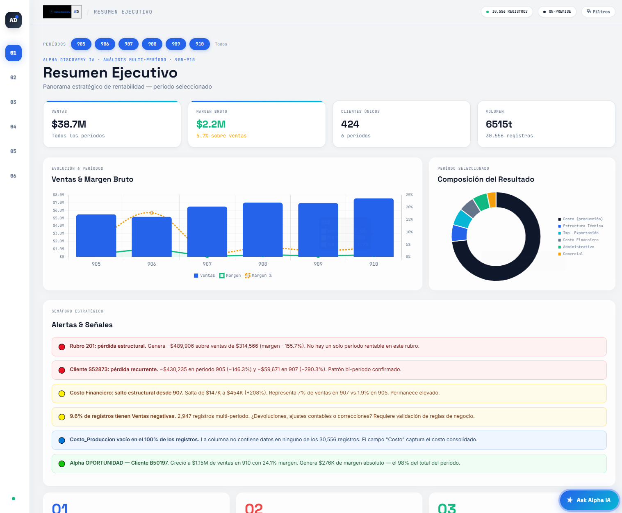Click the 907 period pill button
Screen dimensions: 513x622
[129, 44]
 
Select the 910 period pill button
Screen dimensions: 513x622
[200, 44]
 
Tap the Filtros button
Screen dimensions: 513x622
[598, 11]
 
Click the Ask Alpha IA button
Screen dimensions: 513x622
[589, 500]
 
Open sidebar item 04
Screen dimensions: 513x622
[13, 127]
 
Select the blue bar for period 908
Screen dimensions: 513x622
[262, 230]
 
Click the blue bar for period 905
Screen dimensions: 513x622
[96, 235]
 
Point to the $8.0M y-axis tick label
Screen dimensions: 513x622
[58, 195]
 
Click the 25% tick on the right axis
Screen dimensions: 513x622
[409, 195]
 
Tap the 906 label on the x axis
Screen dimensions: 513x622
[152, 264]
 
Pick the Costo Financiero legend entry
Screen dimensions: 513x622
[580, 240]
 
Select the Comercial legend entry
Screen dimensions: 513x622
[572, 254]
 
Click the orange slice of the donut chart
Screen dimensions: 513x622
[492, 200]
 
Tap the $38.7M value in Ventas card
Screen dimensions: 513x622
[69, 124]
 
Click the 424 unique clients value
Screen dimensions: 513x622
[350, 124]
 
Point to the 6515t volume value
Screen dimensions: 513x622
[499, 124]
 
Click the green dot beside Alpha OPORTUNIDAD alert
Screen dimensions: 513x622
[62, 464]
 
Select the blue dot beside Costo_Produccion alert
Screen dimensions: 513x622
[62, 440]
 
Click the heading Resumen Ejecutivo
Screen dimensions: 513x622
[110, 73]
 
